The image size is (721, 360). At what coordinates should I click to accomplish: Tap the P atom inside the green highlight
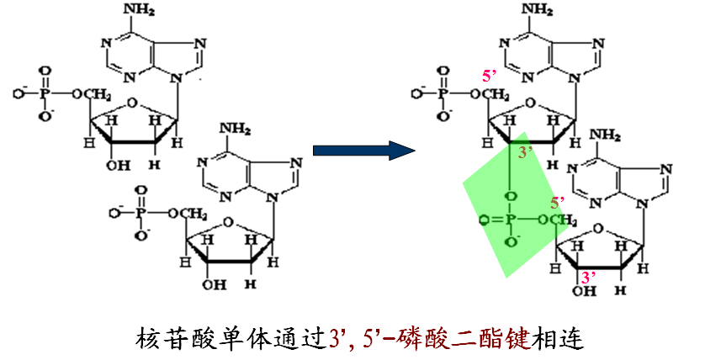click(511, 221)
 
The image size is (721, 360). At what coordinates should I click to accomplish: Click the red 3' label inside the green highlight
click(526, 152)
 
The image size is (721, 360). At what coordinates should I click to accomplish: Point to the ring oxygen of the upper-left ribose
click(130, 105)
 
